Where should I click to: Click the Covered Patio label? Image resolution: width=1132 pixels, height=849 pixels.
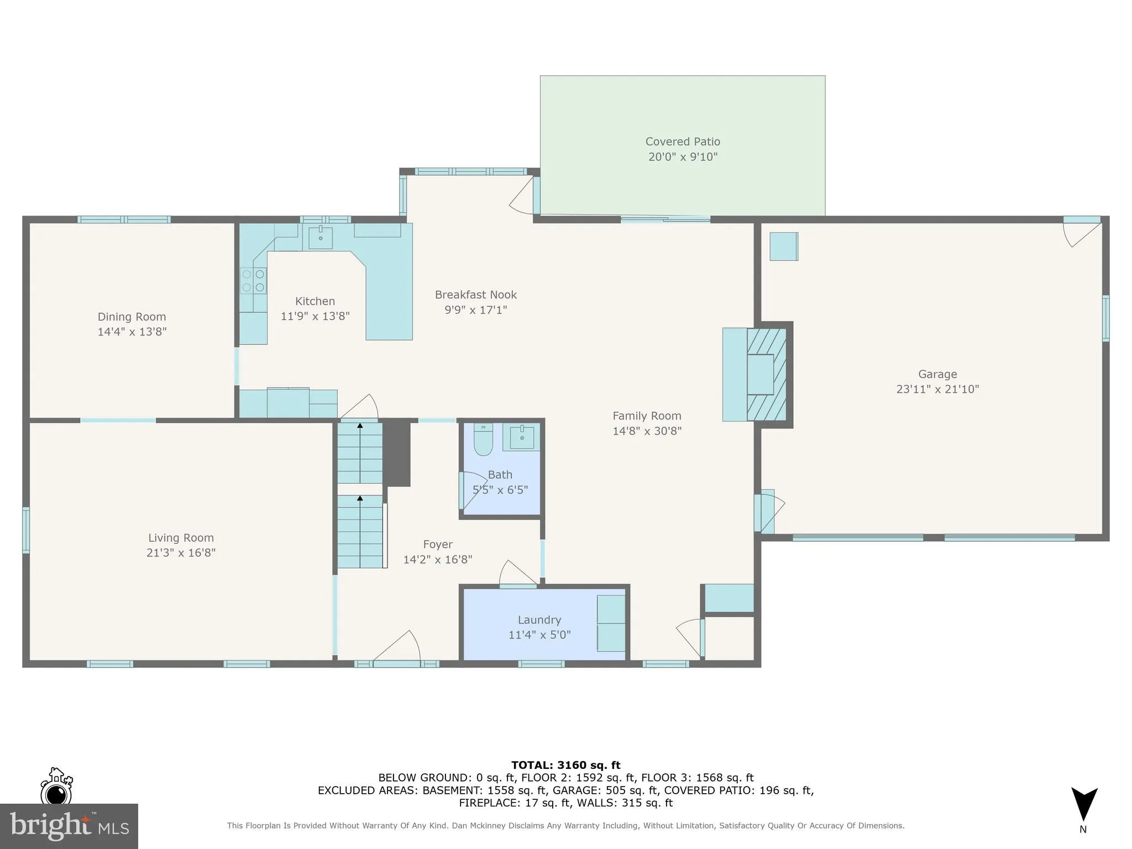tap(683, 141)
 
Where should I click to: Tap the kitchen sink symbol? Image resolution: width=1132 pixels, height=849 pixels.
tap(321, 238)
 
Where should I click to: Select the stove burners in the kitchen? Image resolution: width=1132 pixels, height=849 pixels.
tap(253, 281)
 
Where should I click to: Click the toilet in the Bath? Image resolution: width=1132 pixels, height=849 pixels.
tap(483, 440)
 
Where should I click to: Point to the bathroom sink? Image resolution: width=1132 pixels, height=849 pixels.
tap(521, 437)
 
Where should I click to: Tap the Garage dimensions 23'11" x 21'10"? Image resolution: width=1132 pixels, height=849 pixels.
tap(937, 389)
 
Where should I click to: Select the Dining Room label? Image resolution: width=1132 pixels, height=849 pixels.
tap(132, 317)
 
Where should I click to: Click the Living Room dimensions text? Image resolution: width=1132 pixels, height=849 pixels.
tap(181, 553)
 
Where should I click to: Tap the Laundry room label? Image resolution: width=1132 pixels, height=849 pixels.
tap(539, 620)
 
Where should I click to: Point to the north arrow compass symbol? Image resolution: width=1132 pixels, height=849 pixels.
tap(1084, 805)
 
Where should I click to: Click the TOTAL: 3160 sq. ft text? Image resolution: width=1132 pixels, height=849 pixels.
tap(565, 765)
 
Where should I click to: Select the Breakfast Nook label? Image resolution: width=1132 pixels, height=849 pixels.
tap(475, 295)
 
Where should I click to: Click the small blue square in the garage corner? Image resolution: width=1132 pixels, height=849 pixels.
tap(784, 247)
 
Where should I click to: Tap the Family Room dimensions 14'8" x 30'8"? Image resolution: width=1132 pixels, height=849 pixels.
tap(647, 431)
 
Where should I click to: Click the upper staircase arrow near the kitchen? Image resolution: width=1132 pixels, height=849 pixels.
tap(360, 426)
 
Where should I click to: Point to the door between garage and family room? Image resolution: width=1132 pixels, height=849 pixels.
tap(769, 511)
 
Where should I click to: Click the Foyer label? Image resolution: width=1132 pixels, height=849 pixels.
tap(438, 544)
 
